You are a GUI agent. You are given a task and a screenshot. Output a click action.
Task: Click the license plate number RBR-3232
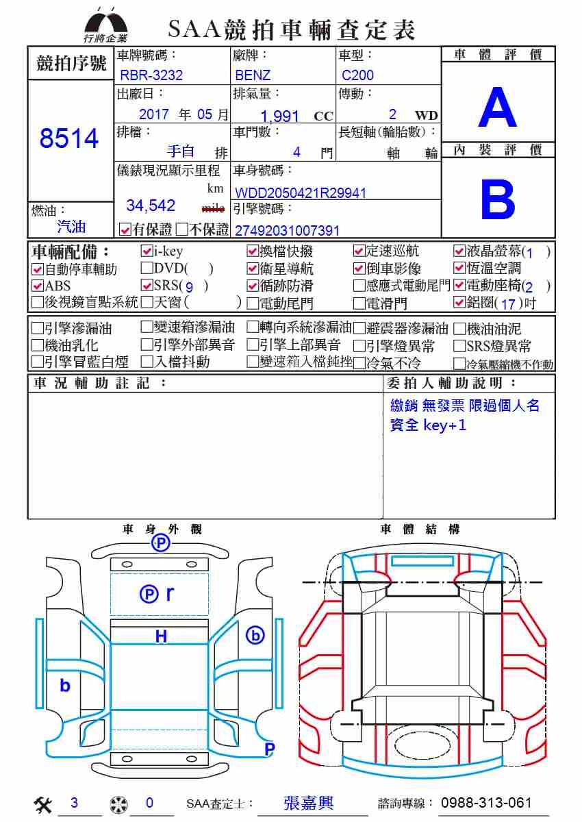[151, 75]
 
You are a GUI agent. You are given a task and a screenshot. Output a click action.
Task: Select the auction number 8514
[69, 138]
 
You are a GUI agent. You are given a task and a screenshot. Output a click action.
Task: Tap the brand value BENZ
[253, 75]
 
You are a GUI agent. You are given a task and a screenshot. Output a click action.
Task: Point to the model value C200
[357, 75]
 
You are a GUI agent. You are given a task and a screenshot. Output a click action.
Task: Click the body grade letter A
[498, 107]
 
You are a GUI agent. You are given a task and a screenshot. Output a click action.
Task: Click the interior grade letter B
[498, 199]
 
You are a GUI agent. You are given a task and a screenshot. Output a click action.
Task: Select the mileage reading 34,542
[151, 206]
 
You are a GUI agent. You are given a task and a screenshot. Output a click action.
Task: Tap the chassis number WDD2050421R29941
[301, 193]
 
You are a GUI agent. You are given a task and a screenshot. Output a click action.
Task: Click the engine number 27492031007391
[287, 231]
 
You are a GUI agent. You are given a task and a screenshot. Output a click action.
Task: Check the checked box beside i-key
[147, 251]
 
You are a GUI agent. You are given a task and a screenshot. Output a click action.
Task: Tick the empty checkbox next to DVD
[147, 269]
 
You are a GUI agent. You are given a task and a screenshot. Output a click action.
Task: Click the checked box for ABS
[38, 286]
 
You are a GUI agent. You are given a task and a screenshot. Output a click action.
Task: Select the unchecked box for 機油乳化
[38, 345]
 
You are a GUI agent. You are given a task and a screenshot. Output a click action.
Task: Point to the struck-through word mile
[213, 208]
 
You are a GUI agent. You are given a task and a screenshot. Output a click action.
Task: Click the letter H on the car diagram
[161, 636]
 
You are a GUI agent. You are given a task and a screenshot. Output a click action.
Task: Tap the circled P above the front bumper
[161, 543]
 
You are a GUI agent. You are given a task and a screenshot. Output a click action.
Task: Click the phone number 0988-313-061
[486, 803]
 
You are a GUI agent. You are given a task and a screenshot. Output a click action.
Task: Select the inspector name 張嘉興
[308, 803]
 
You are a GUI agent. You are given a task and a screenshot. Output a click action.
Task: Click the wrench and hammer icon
[43, 804]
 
